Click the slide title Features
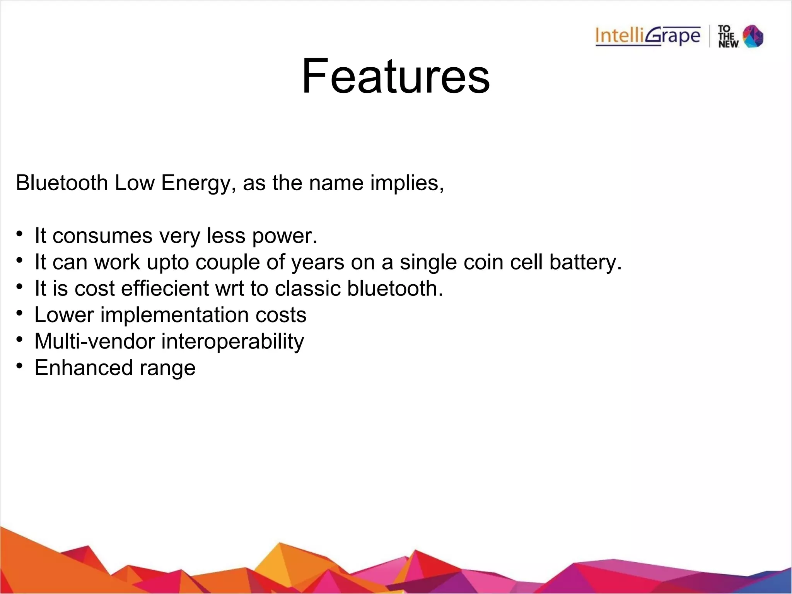pyautogui.click(x=396, y=76)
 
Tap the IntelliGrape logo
pyautogui.click(x=648, y=36)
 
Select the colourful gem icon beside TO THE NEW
pyautogui.click(x=753, y=36)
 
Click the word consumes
pyautogui.click(x=102, y=236)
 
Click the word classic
pyautogui.click(x=308, y=288)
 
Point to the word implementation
pyautogui.click(x=174, y=315)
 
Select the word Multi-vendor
pyautogui.click(x=95, y=341)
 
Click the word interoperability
pyautogui.click(x=232, y=342)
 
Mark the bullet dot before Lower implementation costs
pyautogui.click(x=20, y=313)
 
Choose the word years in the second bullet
pyautogui.click(x=317, y=263)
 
